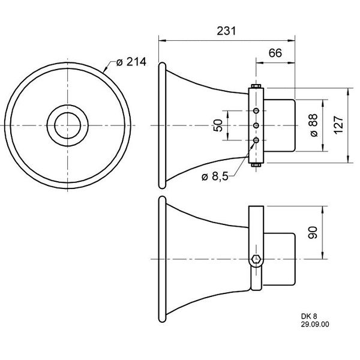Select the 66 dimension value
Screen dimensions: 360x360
pos(275,53)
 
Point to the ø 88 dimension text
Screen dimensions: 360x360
pos(313,125)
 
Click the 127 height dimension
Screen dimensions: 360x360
pos(339,125)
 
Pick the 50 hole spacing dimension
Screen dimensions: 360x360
pos(218,125)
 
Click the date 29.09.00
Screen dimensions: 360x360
pos(316,324)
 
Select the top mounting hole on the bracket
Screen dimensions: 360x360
pos(257,110)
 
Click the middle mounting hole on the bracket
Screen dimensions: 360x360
pos(257,125)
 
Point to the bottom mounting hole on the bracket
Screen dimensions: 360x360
pos(257,140)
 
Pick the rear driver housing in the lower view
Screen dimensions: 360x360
pos(281,259)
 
